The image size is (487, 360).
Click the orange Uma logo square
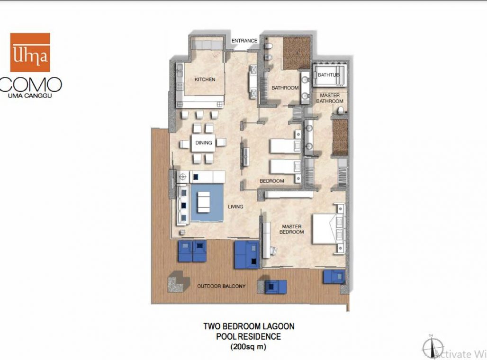click(30, 52)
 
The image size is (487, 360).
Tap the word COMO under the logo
click(31, 85)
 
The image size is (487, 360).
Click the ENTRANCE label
click(244, 41)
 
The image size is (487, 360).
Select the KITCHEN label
click(205, 80)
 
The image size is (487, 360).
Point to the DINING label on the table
click(203, 142)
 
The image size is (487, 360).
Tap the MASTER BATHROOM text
click(330, 98)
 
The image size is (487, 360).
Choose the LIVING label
click(235, 207)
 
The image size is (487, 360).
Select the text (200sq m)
click(249, 347)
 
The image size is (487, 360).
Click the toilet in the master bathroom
click(340, 111)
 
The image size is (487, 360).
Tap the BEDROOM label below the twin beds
click(272, 181)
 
